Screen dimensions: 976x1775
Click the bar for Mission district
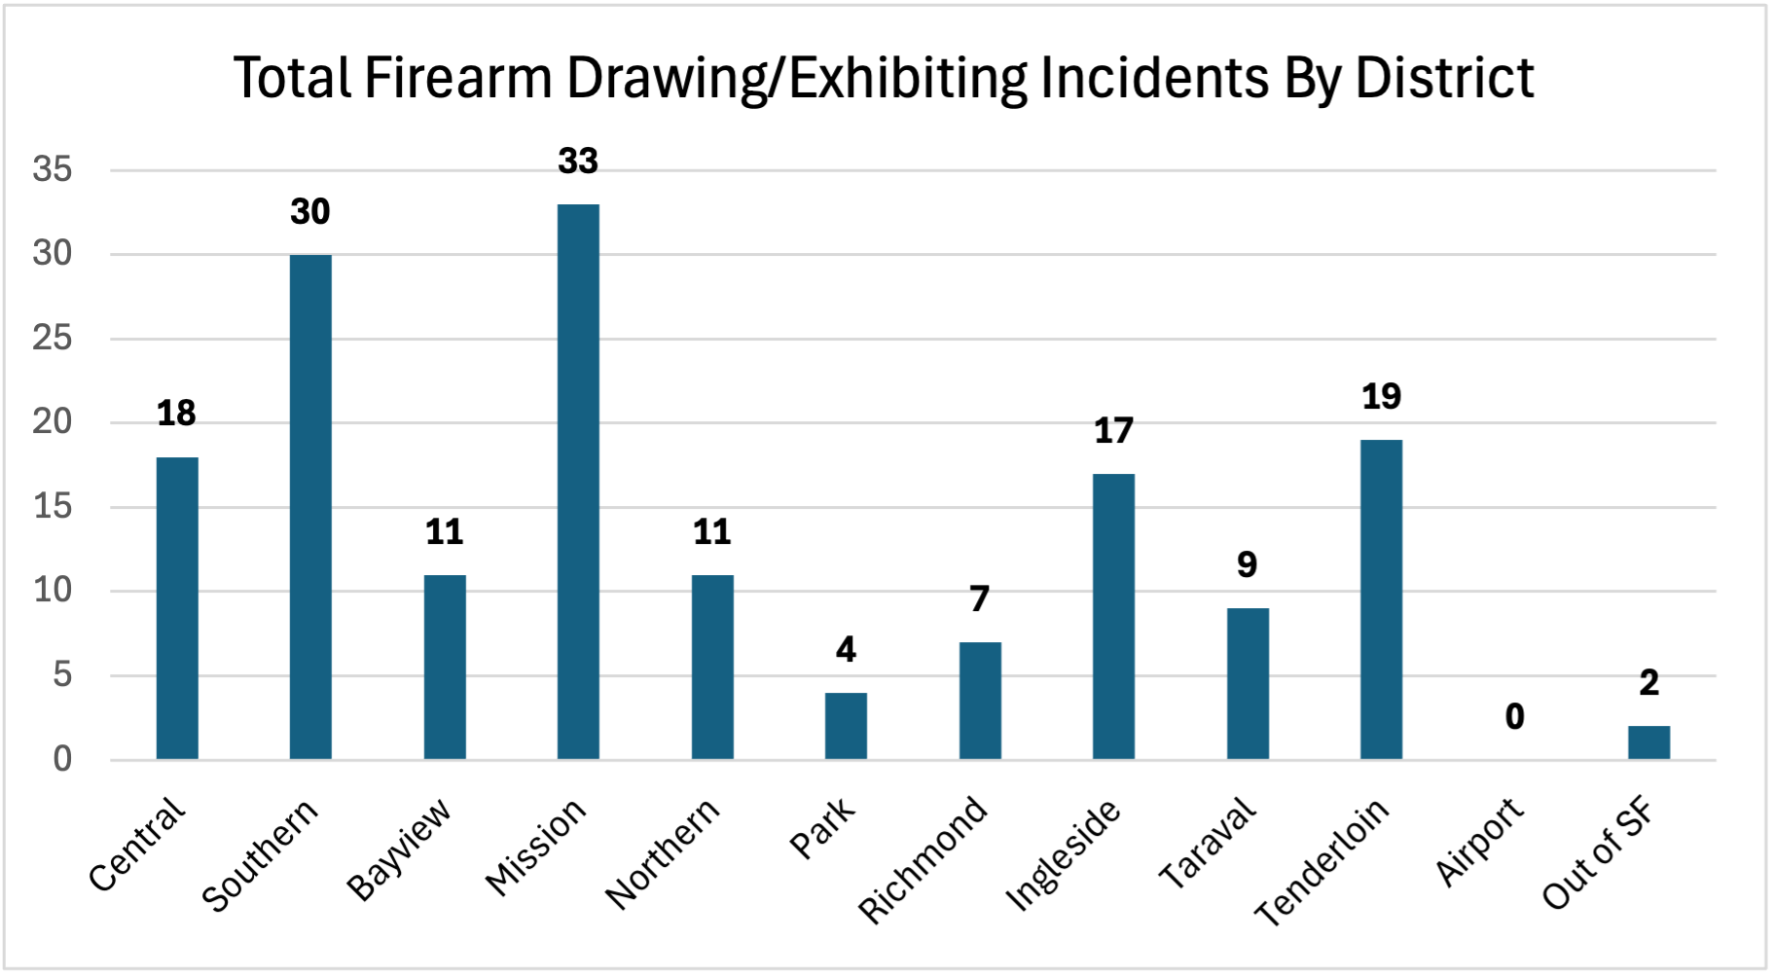(x=578, y=482)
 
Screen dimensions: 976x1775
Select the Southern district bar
(x=310, y=506)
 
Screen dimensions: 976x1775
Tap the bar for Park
(x=846, y=725)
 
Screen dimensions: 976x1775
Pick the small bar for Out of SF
(x=1648, y=742)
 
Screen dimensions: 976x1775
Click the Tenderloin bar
(x=1381, y=598)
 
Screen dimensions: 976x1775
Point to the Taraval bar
(x=1248, y=683)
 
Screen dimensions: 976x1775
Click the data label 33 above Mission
(x=578, y=162)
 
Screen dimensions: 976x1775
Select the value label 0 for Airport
(x=1514, y=717)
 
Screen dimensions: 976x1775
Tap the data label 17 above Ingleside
(x=1113, y=431)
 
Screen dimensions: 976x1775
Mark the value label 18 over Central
(x=176, y=414)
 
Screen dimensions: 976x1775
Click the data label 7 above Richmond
(x=979, y=598)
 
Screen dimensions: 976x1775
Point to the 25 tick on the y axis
(x=53, y=339)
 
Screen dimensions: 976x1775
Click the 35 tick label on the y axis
(x=53, y=170)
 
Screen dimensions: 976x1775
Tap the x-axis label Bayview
(x=399, y=849)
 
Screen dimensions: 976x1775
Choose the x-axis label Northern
(x=663, y=853)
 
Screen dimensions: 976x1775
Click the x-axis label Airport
(x=1480, y=841)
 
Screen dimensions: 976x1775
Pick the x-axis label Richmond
(x=923, y=859)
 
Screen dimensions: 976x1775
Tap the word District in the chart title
(x=1444, y=78)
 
